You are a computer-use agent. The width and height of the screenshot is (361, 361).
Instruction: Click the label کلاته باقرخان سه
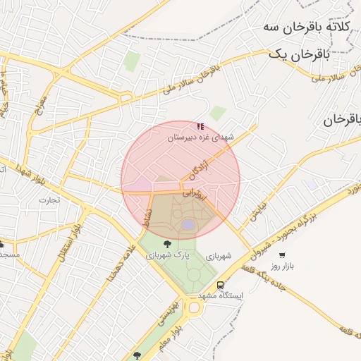(307, 27)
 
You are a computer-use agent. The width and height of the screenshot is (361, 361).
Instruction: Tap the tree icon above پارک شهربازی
(166, 245)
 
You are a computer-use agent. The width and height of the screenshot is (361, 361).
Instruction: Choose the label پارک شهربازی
(164, 256)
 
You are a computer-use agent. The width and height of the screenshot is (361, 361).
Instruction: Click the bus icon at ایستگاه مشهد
(221, 286)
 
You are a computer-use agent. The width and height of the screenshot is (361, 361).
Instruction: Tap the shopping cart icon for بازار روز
(282, 255)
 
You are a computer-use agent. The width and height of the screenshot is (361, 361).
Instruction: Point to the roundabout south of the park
(193, 306)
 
